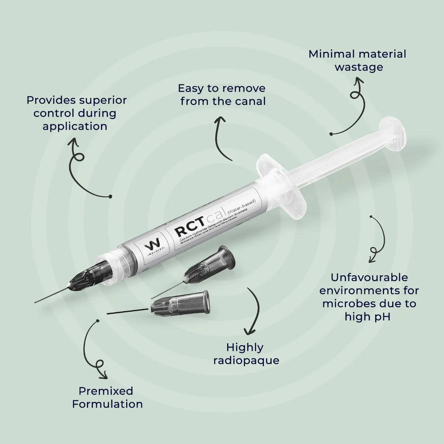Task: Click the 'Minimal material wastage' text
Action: point(357,60)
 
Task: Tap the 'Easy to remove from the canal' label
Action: point(222,95)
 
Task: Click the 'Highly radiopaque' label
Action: point(246,353)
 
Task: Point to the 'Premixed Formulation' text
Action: point(107,397)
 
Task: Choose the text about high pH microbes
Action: point(369,297)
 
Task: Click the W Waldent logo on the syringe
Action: point(152,245)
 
